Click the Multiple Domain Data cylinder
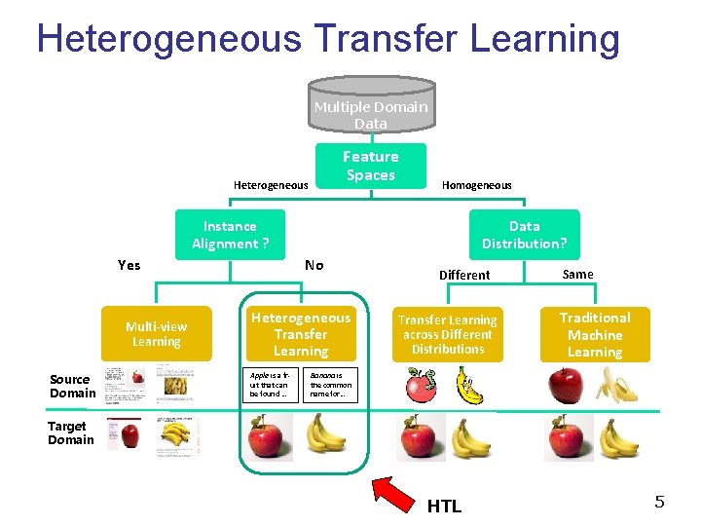[x=370, y=111]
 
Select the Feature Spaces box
[x=370, y=166]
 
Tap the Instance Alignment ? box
[x=231, y=235]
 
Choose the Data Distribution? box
[x=524, y=235]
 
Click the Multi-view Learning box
[x=157, y=334]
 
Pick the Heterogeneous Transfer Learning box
[x=300, y=334]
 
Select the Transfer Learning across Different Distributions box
[x=448, y=334]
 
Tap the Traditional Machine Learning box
[x=595, y=334]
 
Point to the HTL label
[x=444, y=506]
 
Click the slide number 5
[x=659, y=503]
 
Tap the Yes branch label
[x=129, y=265]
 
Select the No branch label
[x=314, y=265]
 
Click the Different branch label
[x=464, y=275]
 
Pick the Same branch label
[x=577, y=274]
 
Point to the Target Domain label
[x=70, y=432]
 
